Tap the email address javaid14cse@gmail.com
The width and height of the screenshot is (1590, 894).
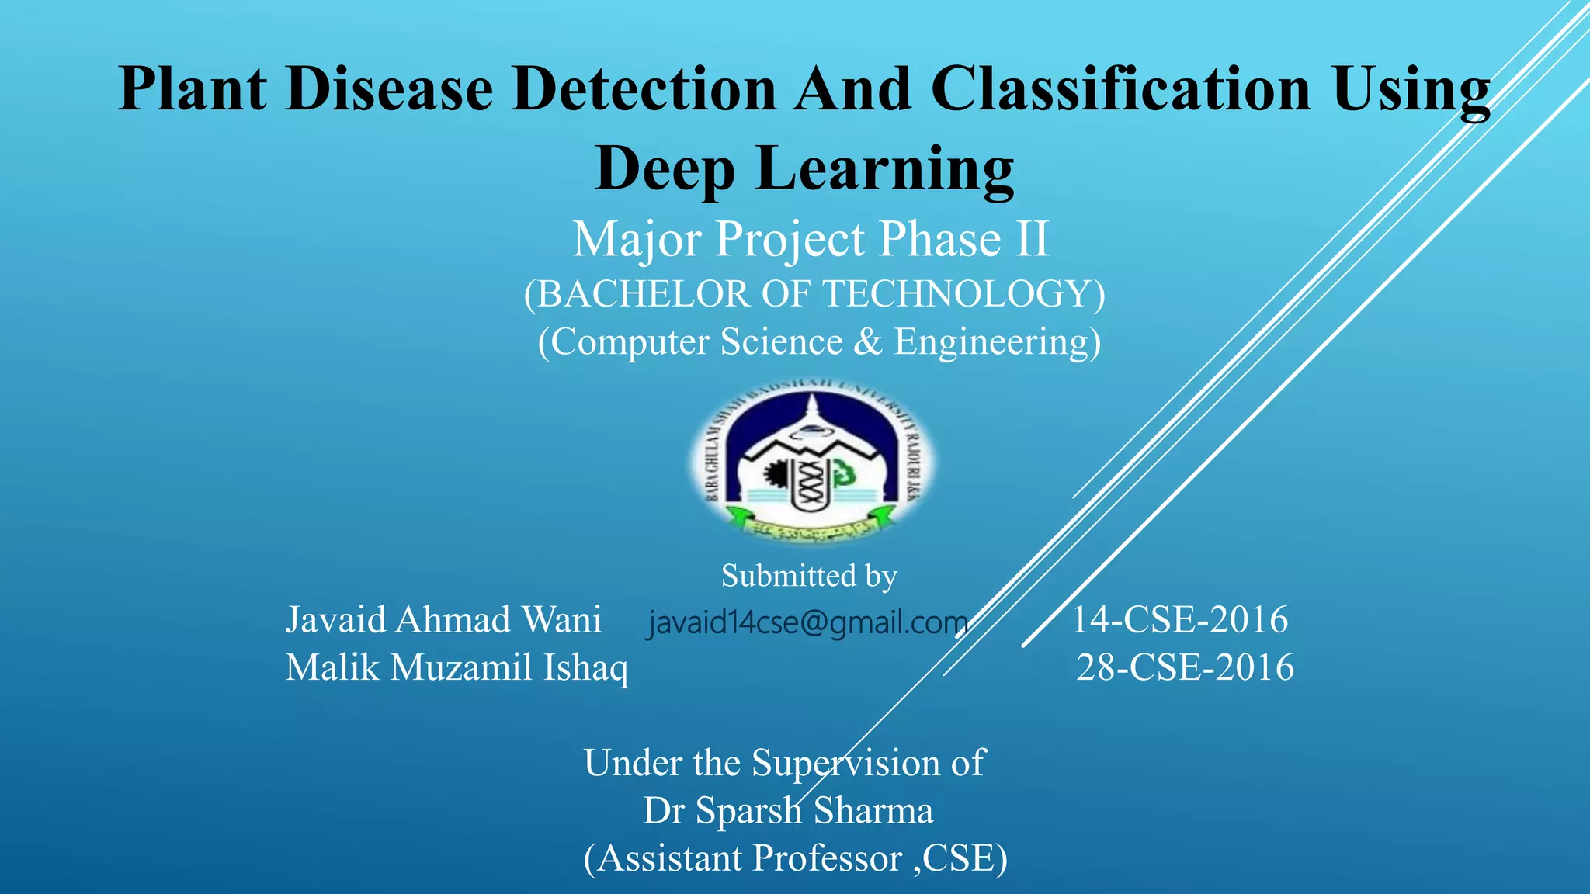point(808,622)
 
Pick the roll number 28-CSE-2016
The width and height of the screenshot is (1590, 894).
point(1185,667)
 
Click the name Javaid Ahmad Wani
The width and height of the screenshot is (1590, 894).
point(443,620)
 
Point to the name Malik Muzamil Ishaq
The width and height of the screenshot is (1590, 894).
point(457,667)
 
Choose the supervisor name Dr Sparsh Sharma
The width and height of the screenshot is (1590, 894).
point(788,811)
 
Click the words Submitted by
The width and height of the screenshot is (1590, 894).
point(809,576)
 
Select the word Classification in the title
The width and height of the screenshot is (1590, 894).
point(1120,88)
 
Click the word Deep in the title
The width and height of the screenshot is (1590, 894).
point(665,168)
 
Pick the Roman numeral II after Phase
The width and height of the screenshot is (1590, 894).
point(1031,239)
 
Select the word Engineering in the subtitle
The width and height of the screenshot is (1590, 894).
point(997,342)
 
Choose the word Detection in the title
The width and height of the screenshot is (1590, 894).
point(644,88)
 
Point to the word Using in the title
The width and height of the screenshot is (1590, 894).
point(1411,88)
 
